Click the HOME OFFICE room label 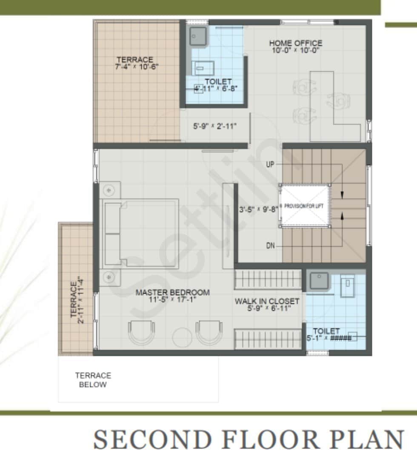point(295,43)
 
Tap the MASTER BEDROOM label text point(172,293)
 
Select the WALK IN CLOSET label point(267,301)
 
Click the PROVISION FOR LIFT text point(304,206)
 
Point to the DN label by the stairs point(270,246)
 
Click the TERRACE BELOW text point(93,380)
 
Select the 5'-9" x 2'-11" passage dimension point(215,126)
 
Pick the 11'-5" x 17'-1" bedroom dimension point(172,299)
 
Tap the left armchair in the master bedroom point(140,332)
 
